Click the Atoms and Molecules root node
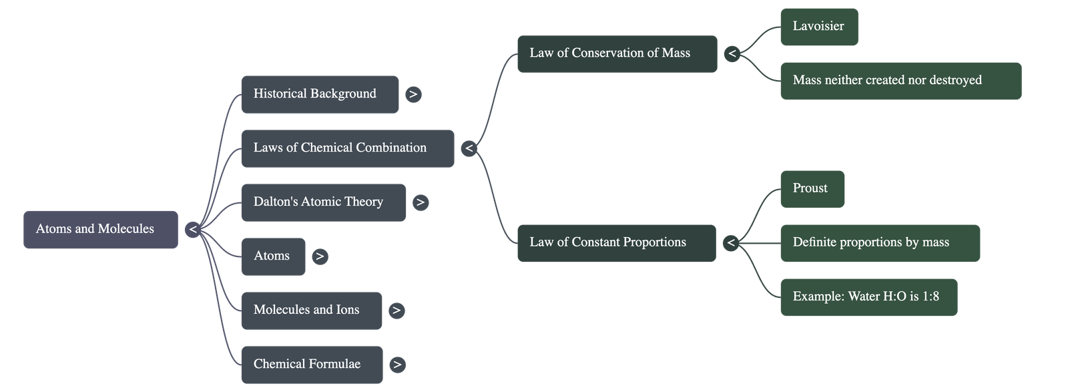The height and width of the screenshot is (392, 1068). click(x=100, y=229)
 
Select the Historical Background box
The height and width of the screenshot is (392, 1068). click(x=320, y=94)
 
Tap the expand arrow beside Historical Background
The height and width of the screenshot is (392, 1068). click(x=413, y=94)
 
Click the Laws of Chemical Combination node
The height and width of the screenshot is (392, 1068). click(x=347, y=148)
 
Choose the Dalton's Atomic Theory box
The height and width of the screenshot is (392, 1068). click(x=323, y=202)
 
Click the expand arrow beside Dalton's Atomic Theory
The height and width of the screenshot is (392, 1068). click(x=420, y=202)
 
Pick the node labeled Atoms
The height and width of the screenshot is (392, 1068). click(x=272, y=256)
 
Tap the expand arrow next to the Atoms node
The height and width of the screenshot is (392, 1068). click(x=320, y=256)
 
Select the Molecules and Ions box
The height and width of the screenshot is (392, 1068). click(x=311, y=311)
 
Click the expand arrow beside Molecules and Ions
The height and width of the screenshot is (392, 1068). click(x=396, y=311)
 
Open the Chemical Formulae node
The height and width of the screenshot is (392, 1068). click(x=312, y=365)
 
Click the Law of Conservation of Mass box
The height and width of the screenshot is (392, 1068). click(x=616, y=53)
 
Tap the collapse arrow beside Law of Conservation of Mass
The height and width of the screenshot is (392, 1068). click(x=732, y=53)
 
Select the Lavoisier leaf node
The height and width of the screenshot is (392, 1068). click(x=818, y=27)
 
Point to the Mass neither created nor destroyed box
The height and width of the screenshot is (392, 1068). click(x=900, y=81)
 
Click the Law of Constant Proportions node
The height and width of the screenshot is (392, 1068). click(x=615, y=242)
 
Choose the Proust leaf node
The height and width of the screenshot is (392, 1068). click(x=812, y=189)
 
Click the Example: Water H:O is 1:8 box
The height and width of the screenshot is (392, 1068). click(x=868, y=297)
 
